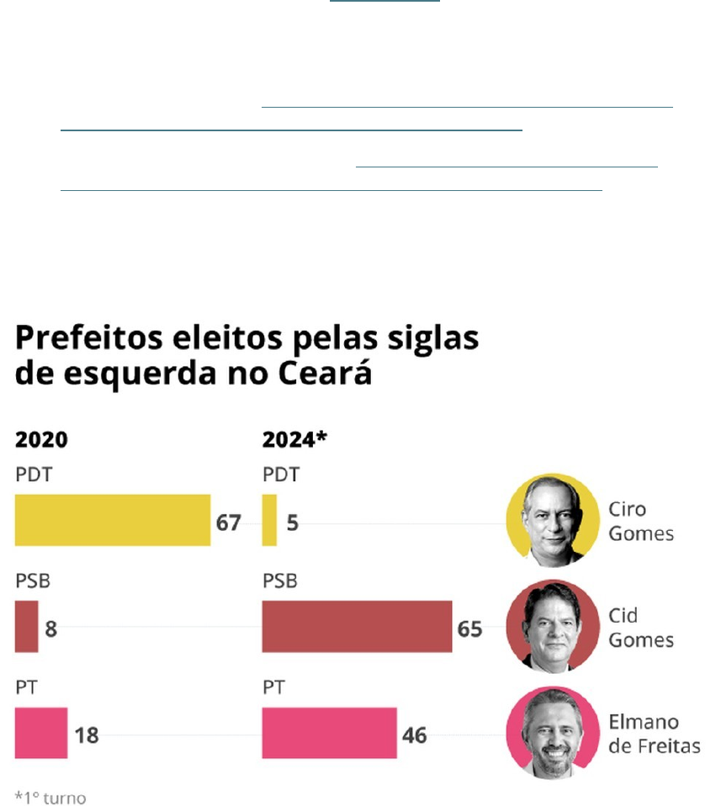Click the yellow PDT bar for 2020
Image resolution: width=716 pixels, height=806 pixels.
(112, 520)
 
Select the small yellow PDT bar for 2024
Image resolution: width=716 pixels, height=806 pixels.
(269, 520)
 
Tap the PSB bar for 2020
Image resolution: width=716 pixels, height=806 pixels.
(26, 627)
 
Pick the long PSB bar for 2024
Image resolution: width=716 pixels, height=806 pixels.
(357, 627)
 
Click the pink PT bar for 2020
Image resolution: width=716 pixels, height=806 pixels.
(40, 733)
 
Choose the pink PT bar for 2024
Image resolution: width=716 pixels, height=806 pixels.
(329, 733)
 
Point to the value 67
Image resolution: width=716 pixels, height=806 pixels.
(228, 522)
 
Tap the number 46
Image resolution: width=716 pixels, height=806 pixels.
(415, 734)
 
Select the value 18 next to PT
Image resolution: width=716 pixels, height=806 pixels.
(86, 734)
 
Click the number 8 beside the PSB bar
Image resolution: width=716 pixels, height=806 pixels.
(51, 628)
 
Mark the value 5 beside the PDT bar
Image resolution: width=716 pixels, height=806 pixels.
(292, 522)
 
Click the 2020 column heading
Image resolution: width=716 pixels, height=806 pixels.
(41, 440)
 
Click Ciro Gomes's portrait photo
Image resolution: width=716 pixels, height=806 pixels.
(552, 519)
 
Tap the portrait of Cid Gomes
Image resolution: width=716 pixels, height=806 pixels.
(552, 625)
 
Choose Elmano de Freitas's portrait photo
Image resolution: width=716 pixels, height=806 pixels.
(552, 732)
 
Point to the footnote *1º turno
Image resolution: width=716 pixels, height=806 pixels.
(50, 796)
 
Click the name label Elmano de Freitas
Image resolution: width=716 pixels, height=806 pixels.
(654, 734)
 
